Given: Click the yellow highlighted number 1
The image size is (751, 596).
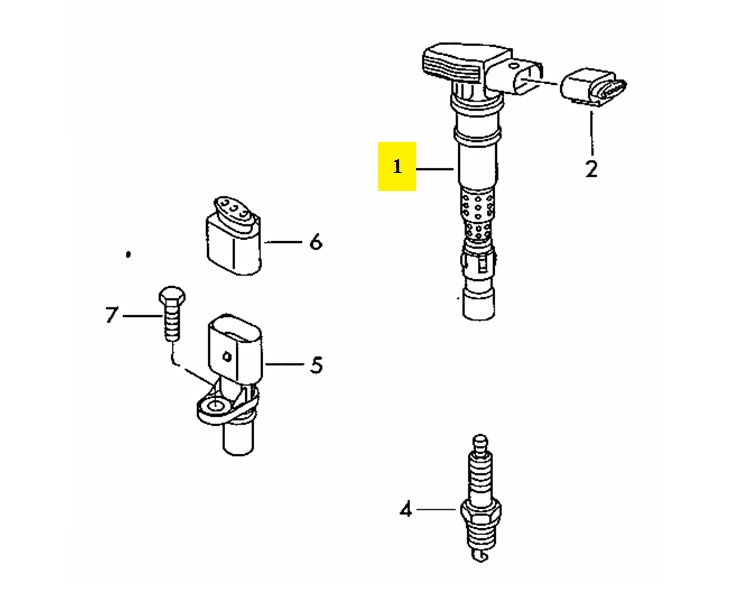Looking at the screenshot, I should tap(397, 166).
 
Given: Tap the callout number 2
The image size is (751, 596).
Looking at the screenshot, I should tap(591, 169).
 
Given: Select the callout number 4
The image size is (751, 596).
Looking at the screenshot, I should tap(405, 510).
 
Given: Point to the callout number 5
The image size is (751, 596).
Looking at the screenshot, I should tap(316, 365).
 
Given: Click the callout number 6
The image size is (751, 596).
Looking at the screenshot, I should tap(316, 241).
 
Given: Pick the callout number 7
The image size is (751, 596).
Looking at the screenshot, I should tap(112, 316).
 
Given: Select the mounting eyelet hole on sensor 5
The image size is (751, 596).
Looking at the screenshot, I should tap(212, 406).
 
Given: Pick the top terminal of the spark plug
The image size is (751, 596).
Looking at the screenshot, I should tap(481, 441).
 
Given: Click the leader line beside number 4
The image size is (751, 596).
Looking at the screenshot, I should tap(438, 510).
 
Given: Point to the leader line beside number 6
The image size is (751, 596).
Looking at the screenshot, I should tap(284, 241).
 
